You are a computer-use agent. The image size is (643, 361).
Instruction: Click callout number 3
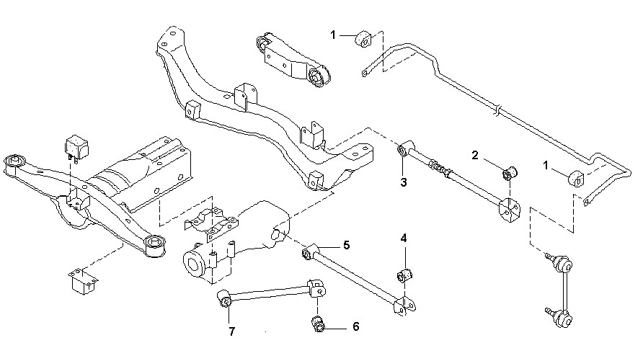(x=403, y=182)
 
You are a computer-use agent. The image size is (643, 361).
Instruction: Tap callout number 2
(x=475, y=155)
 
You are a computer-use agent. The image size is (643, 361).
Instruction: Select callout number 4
(x=404, y=238)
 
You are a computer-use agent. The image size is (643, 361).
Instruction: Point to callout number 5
(x=346, y=246)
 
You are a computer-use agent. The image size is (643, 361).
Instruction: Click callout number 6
(x=355, y=326)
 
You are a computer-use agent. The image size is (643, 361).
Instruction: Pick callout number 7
(x=232, y=331)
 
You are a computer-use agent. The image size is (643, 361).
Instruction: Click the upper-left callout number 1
(x=334, y=34)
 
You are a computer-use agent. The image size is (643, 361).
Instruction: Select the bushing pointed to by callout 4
(x=404, y=275)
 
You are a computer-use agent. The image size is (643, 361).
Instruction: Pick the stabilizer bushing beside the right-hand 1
(x=579, y=177)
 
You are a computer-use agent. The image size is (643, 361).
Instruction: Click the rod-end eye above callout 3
(x=404, y=151)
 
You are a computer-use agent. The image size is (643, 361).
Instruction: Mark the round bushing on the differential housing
(x=192, y=263)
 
